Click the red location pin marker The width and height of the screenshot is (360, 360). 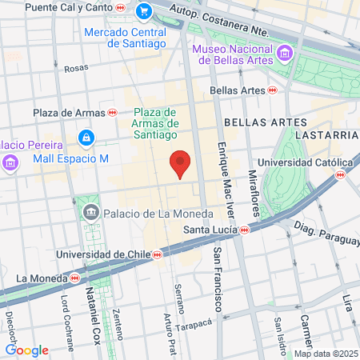click(x=182, y=164)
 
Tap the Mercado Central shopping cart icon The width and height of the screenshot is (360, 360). click(x=144, y=11)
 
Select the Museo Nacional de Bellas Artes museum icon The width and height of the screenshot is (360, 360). click(x=285, y=54)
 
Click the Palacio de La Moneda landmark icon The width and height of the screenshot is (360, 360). click(x=90, y=213)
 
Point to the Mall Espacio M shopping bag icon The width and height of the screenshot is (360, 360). click(x=85, y=139)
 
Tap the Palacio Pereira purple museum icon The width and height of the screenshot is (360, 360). click(x=10, y=163)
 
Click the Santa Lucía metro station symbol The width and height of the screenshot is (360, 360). click(x=244, y=230)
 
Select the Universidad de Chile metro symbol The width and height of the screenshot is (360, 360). click(x=158, y=254)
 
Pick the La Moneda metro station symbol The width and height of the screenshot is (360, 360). click(x=74, y=278)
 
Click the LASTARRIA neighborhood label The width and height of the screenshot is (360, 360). click(x=324, y=135)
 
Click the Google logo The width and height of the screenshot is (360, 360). click(x=26, y=350)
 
